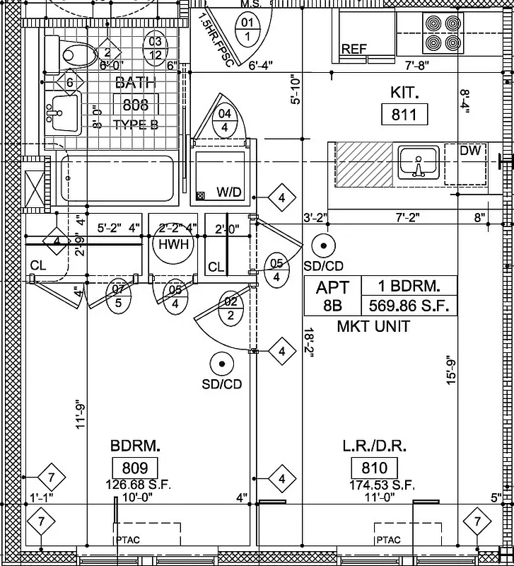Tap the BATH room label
point(135,83)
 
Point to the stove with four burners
point(442,33)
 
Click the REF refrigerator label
point(354,49)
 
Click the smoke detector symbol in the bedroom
point(222,364)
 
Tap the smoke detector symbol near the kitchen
point(323,246)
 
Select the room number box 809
point(135,468)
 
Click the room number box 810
point(374,468)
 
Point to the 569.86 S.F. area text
point(409,306)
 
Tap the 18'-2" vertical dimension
point(308,342)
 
